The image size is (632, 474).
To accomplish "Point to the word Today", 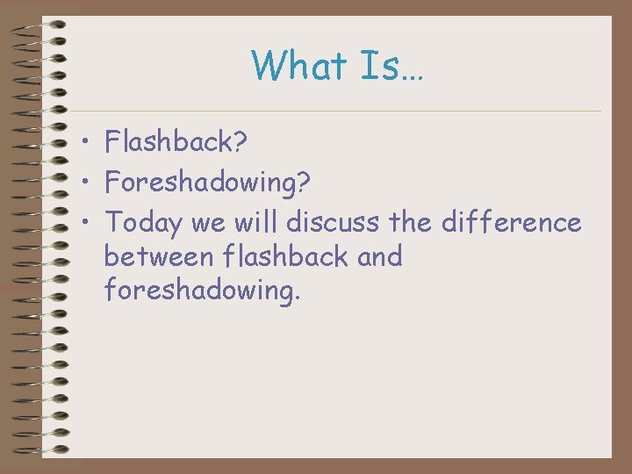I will tap(144, 224).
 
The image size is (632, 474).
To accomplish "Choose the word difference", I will tap(510, 223).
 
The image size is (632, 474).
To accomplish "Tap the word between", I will tap(161, 257).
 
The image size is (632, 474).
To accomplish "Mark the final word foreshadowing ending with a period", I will tap(202, 291).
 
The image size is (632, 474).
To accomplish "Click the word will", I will tap(255, 223).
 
